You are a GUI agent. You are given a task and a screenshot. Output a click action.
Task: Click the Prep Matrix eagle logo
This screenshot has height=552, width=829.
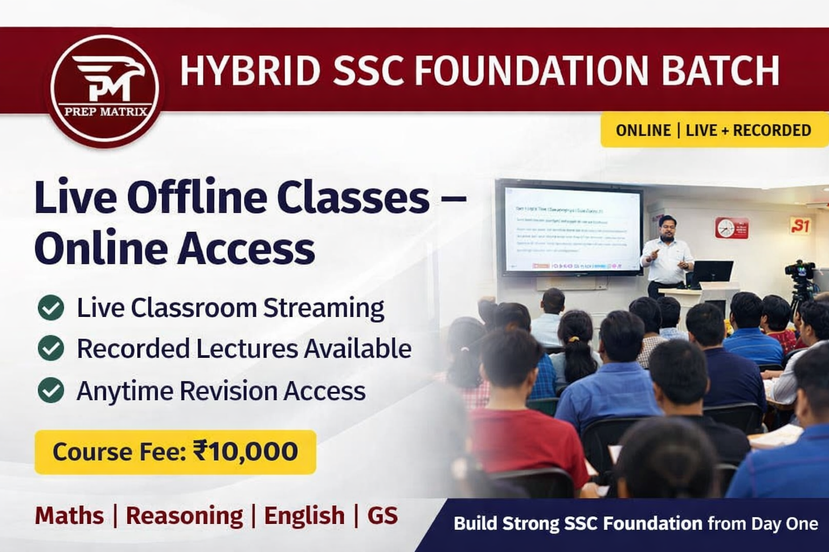[x=105, y=86]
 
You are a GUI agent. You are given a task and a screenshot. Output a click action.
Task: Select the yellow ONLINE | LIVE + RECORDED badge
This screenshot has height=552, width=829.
[x=713, y=130]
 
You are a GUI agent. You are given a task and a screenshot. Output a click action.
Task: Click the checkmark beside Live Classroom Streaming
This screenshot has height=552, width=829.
[x=51, y=308]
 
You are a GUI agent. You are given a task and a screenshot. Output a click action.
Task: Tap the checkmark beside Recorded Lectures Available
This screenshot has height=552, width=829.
[x=51, y=349]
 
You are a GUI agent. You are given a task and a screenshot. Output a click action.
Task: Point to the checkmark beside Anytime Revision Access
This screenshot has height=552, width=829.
[x=51, y=390]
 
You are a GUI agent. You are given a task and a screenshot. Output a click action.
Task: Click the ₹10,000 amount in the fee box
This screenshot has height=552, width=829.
[x=246, y=451]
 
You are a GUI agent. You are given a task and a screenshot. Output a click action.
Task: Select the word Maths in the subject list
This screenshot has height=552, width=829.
[x=69, y=515]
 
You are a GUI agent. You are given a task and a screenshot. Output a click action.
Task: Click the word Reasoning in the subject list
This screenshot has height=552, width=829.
[x=184, y=515]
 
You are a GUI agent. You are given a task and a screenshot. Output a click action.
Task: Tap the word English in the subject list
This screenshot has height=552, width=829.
[x=304, y=515]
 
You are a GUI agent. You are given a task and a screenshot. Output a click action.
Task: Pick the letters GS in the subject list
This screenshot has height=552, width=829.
[x=382, y=515]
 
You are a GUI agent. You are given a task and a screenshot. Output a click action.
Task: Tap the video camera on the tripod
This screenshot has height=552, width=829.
[x=800, y=270]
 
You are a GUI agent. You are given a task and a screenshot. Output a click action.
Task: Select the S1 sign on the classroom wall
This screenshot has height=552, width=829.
[x=800, y=225]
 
